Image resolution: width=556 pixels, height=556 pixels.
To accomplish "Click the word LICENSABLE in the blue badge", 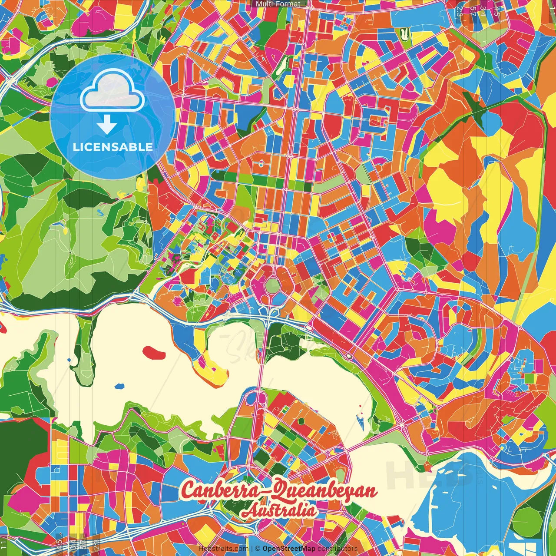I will tap(113, 147).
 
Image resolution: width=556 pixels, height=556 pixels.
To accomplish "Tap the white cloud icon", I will tap(112, 93).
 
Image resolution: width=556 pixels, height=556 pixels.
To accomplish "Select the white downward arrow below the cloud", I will tap(107, 125).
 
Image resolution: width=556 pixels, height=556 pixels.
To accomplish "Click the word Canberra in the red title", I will tap(224, 490).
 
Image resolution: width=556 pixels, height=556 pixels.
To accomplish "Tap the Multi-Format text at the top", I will tap(278, 4).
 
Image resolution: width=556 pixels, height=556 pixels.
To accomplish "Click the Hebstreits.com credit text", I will tap(223, 549).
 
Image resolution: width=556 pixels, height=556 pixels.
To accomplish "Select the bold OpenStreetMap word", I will tap(289, 549).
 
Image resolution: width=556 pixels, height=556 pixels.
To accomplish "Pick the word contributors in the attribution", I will tap(338, 549).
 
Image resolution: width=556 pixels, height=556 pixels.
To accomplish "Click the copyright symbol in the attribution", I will tap(258, 549).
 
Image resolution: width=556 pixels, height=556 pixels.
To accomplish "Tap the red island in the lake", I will tap(154, 352).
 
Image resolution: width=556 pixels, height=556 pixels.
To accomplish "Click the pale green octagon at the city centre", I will tap(273, 285).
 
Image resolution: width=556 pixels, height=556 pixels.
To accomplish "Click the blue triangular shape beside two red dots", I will tap(360, 420).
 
